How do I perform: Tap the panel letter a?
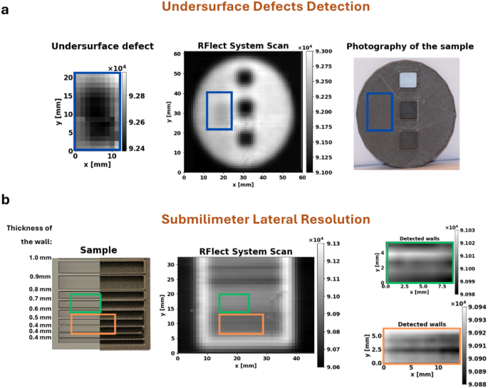point(5,12)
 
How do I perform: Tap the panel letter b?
point(6,201)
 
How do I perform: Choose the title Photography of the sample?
point(410,46)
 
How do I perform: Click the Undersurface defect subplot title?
point(103,46)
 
